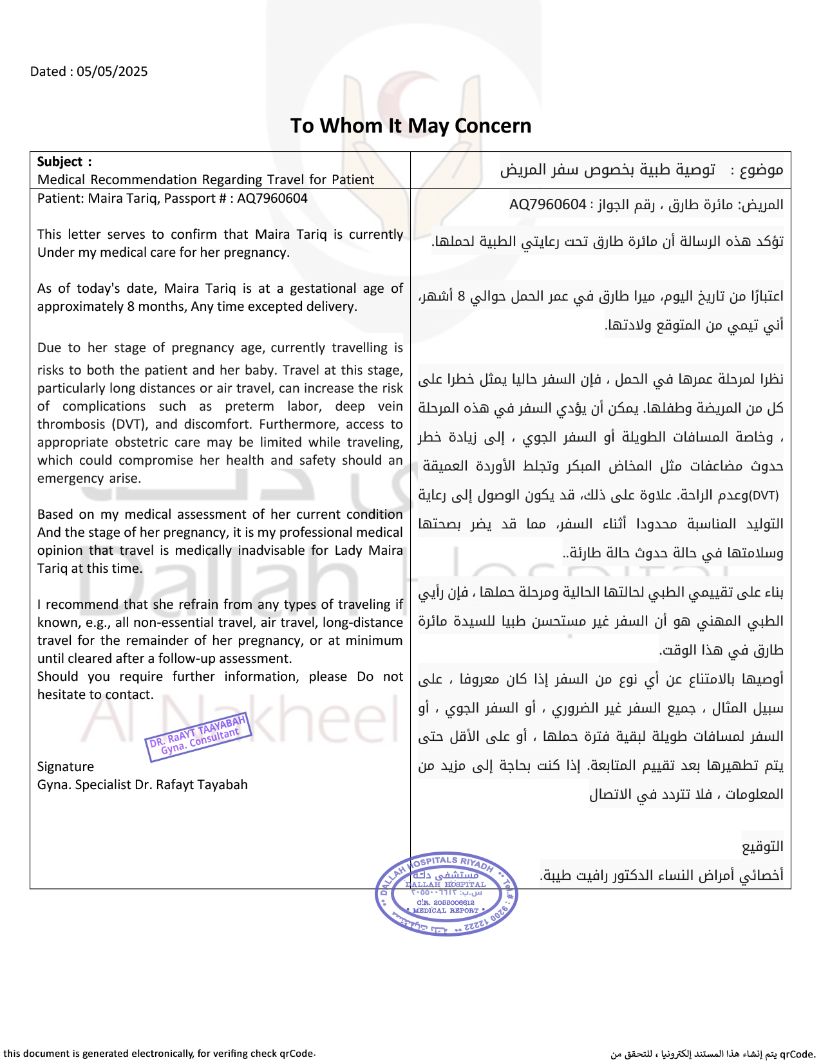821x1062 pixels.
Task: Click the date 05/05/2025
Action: (112, 71)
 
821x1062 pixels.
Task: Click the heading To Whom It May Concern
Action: (411, 126)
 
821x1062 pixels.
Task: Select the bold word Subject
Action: (60, 162)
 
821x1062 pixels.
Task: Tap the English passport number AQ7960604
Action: (272, 198)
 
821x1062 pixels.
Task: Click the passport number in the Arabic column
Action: (547, 205)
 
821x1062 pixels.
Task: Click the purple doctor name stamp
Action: (198, 737)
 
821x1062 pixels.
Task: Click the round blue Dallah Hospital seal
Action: (446, 895)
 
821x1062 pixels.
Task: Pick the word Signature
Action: (66, 767)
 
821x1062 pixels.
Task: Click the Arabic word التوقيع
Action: (763, 846)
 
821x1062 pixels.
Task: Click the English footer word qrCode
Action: (296, 1054)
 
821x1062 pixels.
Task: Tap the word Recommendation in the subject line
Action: (143, 180)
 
